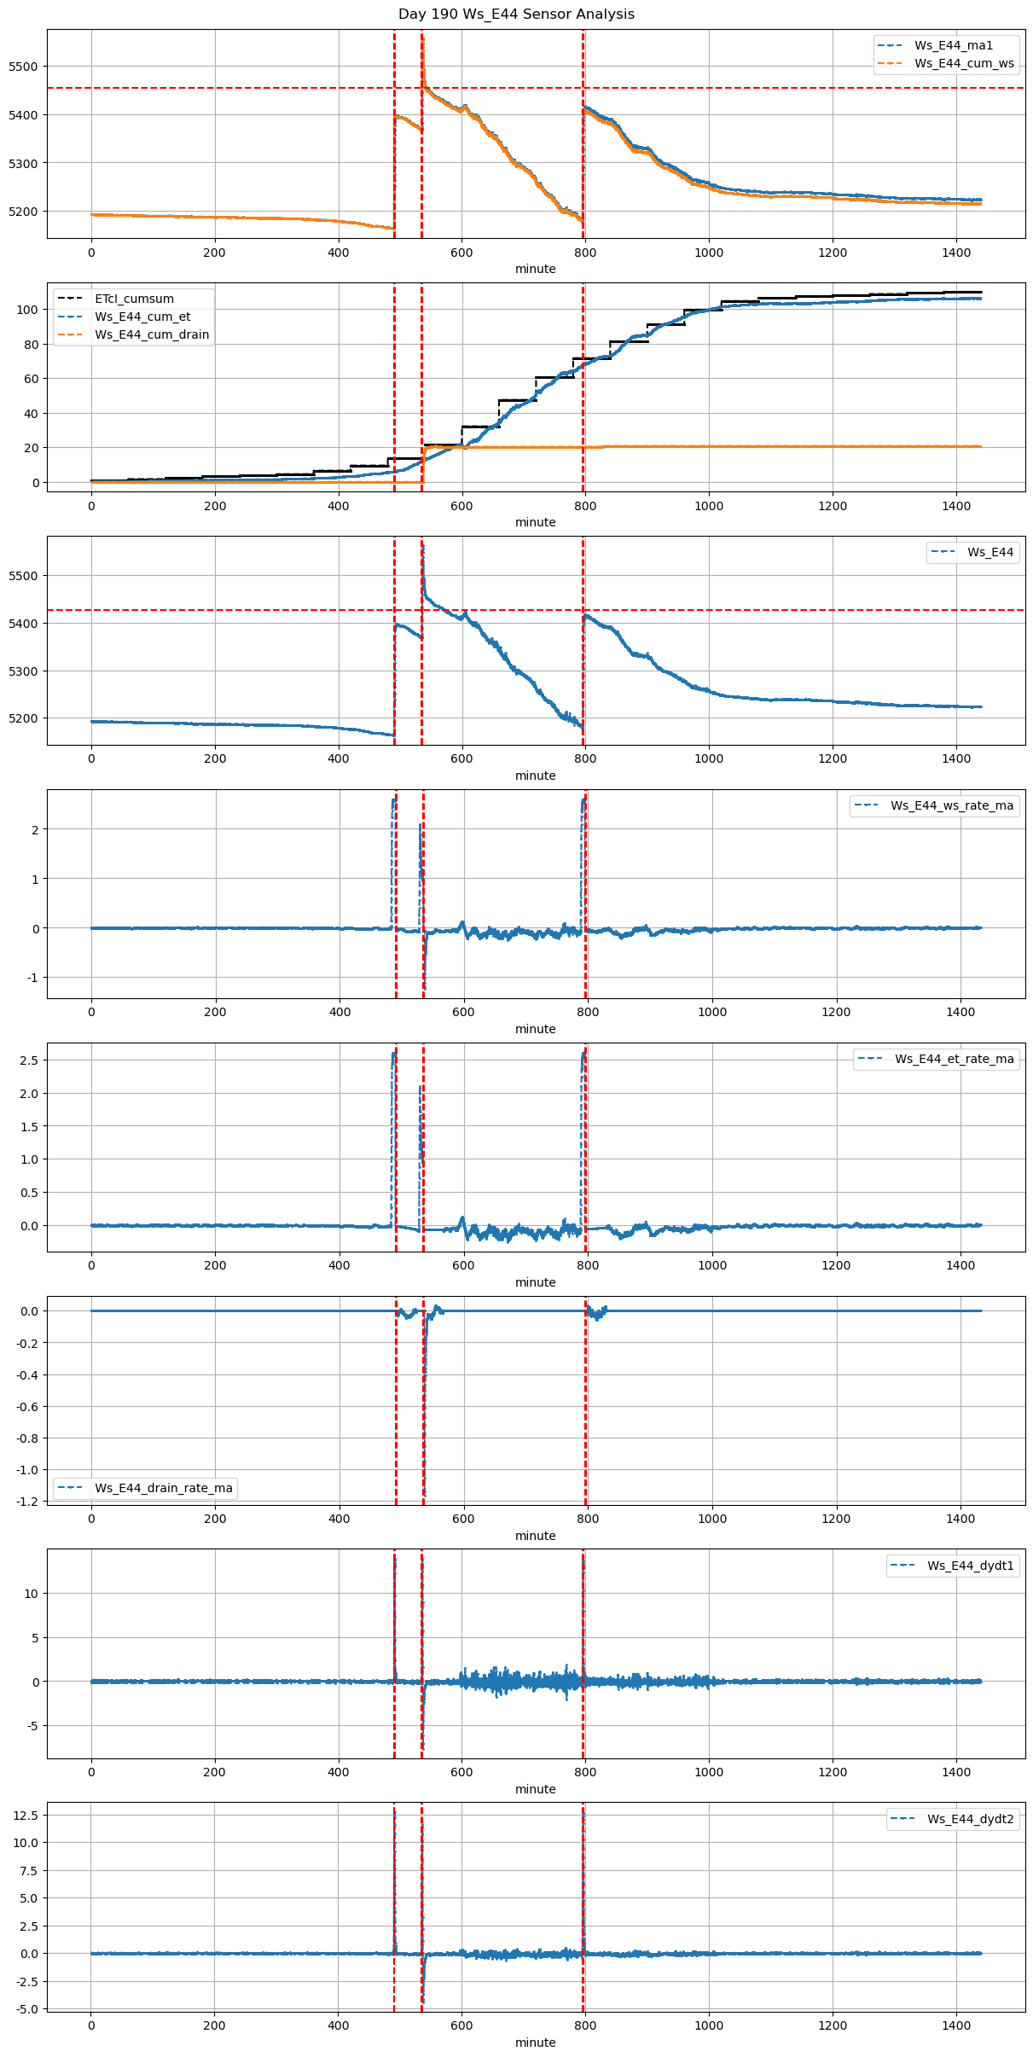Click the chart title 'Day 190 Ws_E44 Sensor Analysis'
click(516, 15)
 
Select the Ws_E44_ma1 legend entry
click(953, 45)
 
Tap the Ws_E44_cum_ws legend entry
click(964, 63)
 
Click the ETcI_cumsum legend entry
click(134, 299)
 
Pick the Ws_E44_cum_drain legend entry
click(152, 334)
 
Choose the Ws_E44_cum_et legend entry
click(142, 317)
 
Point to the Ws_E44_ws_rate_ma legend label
click(952, 805)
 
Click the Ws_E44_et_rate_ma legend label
click(954, 1059)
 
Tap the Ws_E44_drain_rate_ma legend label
click(163, 1488)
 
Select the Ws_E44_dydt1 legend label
click(971, 1566)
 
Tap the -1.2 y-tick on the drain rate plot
click(28, 1502)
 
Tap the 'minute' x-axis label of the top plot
click(535, 269)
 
